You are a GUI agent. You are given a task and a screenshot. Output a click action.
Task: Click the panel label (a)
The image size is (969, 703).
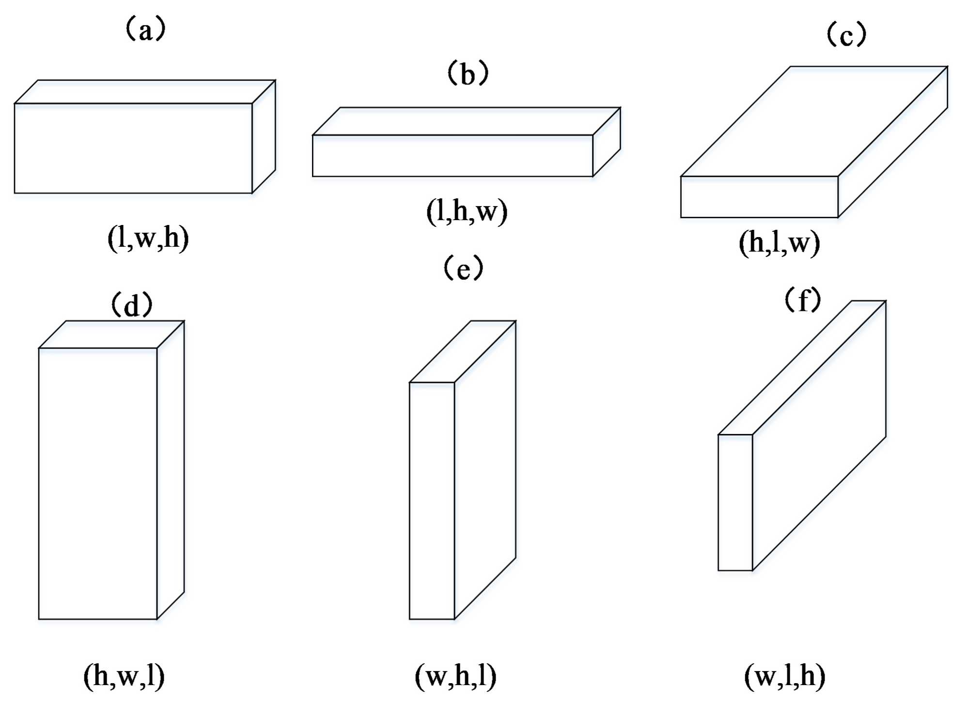coord(146,30)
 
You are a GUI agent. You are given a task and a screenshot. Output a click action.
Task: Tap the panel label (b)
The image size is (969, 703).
coord(468,74)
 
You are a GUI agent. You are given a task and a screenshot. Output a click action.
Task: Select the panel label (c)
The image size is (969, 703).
coord(846,35)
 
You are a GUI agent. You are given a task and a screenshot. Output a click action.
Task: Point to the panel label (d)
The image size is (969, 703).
coord(132,305)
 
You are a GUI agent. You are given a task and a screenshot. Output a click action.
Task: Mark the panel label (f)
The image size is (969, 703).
coord(803,300)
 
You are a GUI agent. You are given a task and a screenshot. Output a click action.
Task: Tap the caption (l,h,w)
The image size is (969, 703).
coord(467,211)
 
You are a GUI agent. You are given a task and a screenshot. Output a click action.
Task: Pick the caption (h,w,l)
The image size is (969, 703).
coord(124,676)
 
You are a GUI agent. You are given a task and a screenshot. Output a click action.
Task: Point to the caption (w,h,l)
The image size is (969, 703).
coord(455,676)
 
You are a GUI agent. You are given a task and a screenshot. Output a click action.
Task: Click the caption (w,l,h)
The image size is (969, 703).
coord(784,676)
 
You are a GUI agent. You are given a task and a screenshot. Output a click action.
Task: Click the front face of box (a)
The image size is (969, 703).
coord(133,148)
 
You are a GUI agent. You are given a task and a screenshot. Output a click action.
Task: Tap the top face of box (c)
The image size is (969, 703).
coord(814,121)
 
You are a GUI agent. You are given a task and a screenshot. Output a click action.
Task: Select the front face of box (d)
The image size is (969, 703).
coord(98,483)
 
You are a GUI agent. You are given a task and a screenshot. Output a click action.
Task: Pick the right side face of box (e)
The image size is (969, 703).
coord(485,470)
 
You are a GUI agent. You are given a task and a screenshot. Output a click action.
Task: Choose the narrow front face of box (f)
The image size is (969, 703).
coord(735,502)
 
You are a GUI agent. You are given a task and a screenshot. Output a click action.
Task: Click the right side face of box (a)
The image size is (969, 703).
coord(264,137)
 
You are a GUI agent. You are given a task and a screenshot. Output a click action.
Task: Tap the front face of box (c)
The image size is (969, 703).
coord(759,197)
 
